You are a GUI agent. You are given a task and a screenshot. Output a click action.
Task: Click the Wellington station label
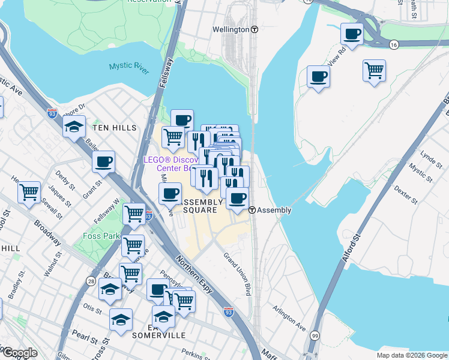231,29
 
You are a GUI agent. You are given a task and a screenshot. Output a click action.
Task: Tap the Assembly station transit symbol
253,211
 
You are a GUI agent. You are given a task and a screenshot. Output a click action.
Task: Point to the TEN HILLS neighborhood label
115,128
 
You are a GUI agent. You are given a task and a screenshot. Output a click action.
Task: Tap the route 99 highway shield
315,337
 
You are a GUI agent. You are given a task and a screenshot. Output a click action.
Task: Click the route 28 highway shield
91,281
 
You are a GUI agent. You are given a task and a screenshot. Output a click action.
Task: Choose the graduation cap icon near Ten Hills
74,127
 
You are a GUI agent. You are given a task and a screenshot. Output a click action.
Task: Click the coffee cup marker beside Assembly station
238,198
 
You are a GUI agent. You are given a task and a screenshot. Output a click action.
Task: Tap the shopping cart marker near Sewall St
29,193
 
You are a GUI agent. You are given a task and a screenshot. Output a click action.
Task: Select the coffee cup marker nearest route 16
352,34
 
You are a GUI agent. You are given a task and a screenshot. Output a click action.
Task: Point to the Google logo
19,353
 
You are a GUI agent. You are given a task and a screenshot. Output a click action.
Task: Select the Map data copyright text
412,355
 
